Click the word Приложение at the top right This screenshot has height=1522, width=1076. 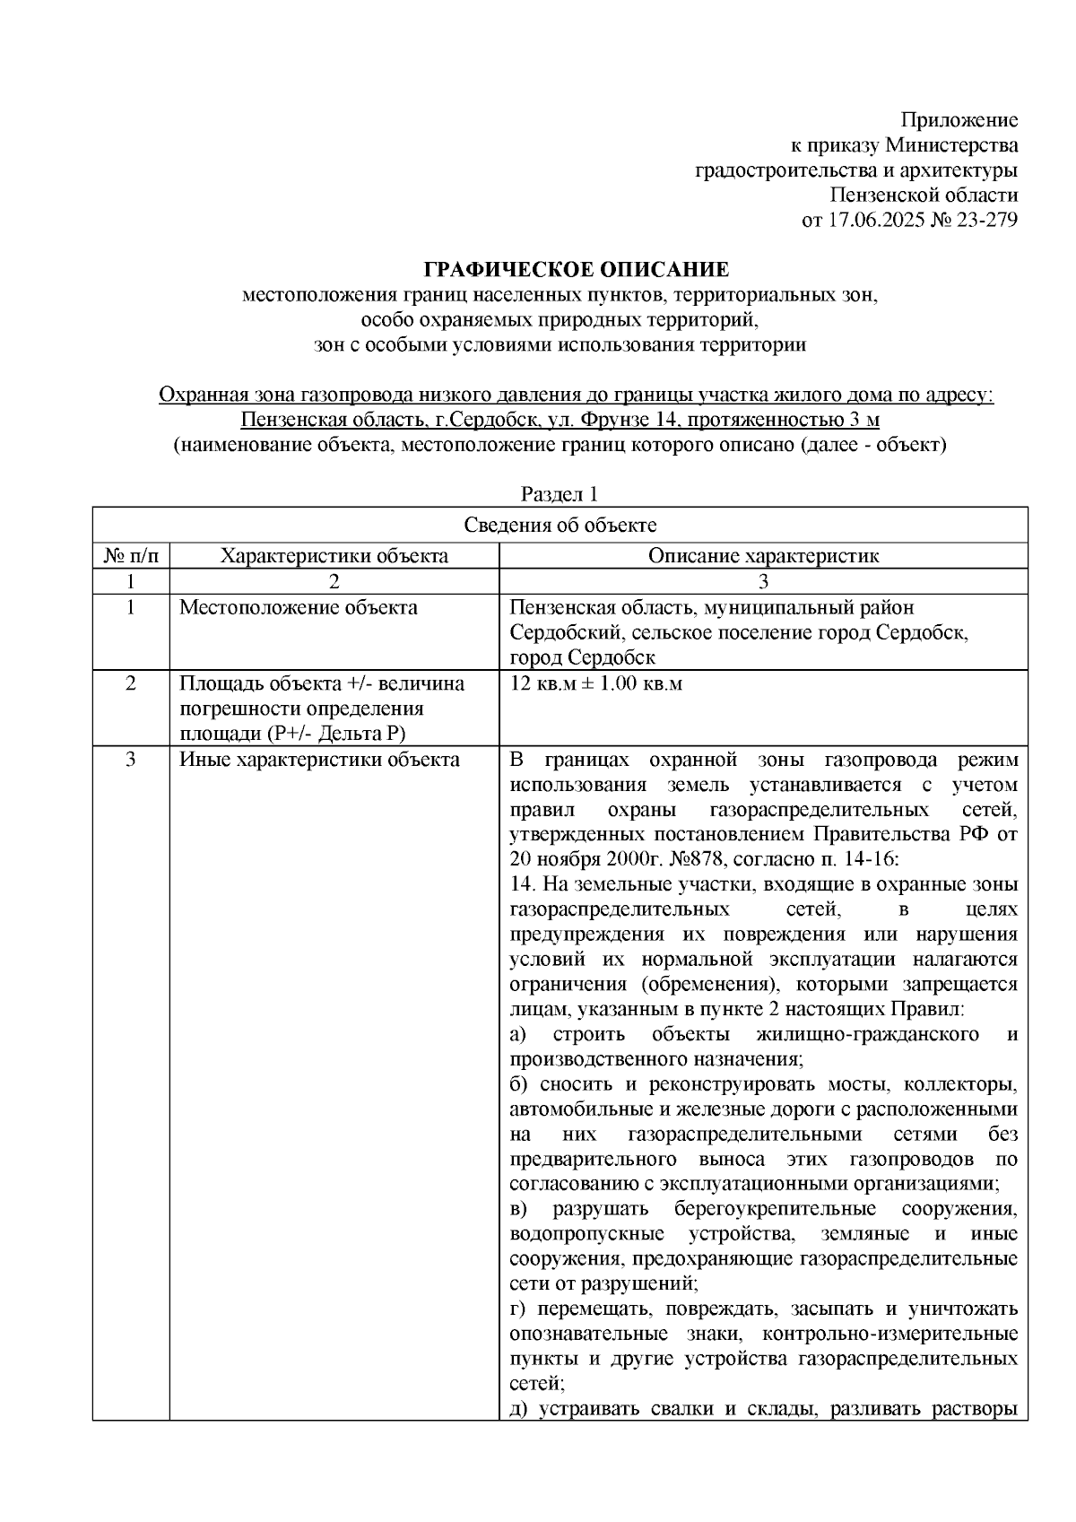(959, 120)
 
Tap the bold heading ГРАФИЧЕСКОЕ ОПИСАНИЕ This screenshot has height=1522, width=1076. (576, 269)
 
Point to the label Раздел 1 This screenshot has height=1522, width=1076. (560, 494)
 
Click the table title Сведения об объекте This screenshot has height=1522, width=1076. (560, 526)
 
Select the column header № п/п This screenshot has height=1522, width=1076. (131, 555)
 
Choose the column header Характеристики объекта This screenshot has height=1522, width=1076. (334, 555)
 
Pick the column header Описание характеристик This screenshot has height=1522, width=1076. (763, 555)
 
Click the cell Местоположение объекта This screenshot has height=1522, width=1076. (299, 607)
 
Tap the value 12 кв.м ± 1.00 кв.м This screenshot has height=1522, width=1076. (596, 683)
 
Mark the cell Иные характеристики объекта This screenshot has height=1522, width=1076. (319, 760)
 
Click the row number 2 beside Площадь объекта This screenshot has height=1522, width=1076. (131, 683)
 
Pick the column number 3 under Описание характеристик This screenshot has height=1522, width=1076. (763, 580)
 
